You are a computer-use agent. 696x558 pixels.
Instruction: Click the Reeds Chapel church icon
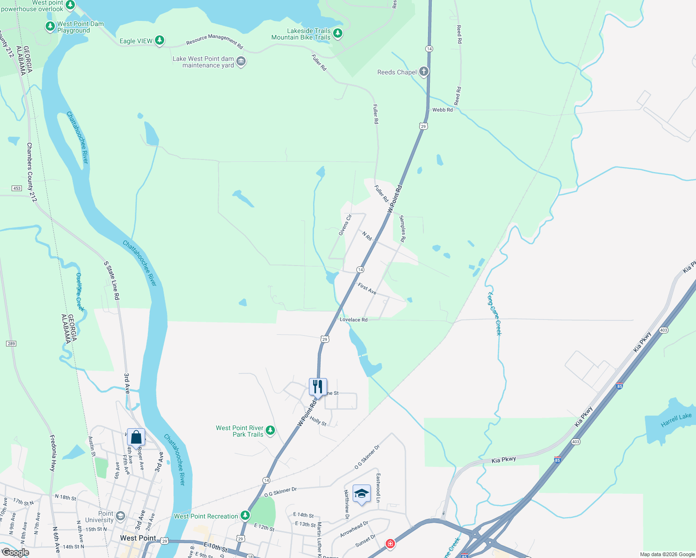423,72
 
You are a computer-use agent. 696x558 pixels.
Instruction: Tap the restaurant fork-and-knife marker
318,386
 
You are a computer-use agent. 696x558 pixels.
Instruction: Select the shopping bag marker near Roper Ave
136,437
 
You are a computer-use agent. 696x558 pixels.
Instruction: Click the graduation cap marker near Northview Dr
361,493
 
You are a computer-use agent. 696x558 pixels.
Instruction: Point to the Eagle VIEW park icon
160,40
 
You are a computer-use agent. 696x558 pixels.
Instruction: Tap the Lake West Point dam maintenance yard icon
241,61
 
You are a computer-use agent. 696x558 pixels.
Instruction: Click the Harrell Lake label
676,420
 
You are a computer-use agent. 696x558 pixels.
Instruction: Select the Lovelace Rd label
354,320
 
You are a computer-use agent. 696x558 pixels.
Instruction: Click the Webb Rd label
442,110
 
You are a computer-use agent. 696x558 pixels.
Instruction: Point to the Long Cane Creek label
494,314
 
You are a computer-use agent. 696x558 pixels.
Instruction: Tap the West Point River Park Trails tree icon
270,431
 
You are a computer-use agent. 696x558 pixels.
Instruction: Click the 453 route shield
17,188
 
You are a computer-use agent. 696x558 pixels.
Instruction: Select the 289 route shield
11,344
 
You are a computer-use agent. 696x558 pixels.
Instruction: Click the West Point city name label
138,538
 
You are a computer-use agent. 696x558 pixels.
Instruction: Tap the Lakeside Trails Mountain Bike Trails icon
338,33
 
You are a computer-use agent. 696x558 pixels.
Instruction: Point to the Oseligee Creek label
80,292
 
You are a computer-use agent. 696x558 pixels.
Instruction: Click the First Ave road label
367,289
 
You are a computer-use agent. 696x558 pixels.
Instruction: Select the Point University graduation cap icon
120,516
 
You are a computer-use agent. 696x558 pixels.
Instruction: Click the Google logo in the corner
15,552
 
